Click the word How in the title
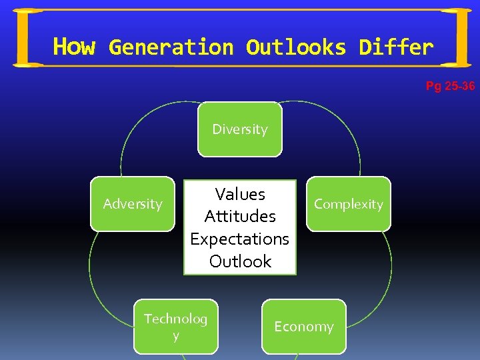[x=73, y=47]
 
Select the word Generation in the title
[x=171, y=47]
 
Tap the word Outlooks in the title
[x=296, y=47]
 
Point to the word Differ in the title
[x=396, y=47]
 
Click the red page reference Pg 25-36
[x=450, y=86]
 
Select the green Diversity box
[x=240, y=129]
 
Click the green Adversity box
[x=133, y=204]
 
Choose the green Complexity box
[x=349, y=204]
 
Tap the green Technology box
[x=176, y=327]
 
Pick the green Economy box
[x=304, y=327]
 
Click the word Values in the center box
[x=240, y=194]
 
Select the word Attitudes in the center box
[x=240, y=216]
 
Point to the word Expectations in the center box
[x=240, y=239]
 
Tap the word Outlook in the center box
[x=240, y=261]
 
